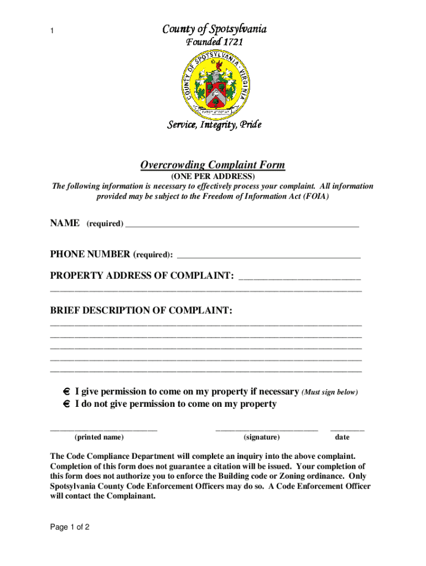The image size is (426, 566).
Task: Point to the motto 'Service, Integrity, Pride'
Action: (x=214, y=125)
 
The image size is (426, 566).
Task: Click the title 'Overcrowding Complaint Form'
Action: (x=212, y=165)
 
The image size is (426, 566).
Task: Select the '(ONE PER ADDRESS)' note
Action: (x=212, y=176)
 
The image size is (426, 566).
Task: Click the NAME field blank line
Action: (x=242, y=225)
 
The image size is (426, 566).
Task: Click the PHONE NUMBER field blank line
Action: (x=268, y=256)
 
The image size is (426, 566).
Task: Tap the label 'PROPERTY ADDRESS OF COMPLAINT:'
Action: (x=142, y=276)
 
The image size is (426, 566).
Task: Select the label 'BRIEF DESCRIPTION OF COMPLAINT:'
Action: (x=142, y=311)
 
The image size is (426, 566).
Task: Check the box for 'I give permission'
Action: (x=66, y=392)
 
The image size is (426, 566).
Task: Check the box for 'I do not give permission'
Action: (x=66, y=405)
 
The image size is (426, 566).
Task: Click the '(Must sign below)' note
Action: (x=330, y=392)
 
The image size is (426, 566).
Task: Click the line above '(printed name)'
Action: (x=103, y=428)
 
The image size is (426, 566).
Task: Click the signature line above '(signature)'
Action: (x=267, y=428)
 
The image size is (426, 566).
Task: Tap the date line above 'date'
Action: (x=347, y=428)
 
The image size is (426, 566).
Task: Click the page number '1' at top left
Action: (x=52, y=32)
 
